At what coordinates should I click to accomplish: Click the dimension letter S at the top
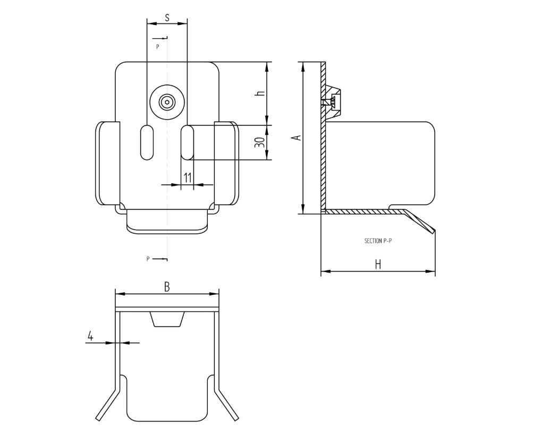pos(167,18)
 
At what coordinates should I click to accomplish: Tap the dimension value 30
pos(260,142)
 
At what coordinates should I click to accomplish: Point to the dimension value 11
pos(188,178)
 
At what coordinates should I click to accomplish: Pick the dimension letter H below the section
pos(378,265)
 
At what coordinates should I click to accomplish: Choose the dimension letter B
pos(167,287)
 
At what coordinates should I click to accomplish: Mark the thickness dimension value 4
pos(90,336)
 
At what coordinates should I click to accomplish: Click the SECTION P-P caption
pos(378,241)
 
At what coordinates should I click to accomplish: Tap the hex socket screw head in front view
pos(167,103)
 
